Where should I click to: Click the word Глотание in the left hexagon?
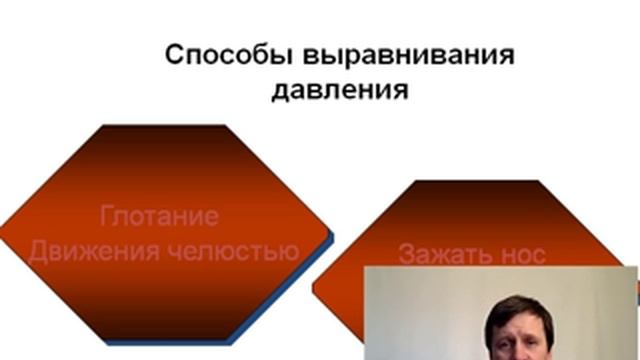point(160,216)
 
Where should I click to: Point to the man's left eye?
point(526,335)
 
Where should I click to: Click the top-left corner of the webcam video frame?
point(363,268)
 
